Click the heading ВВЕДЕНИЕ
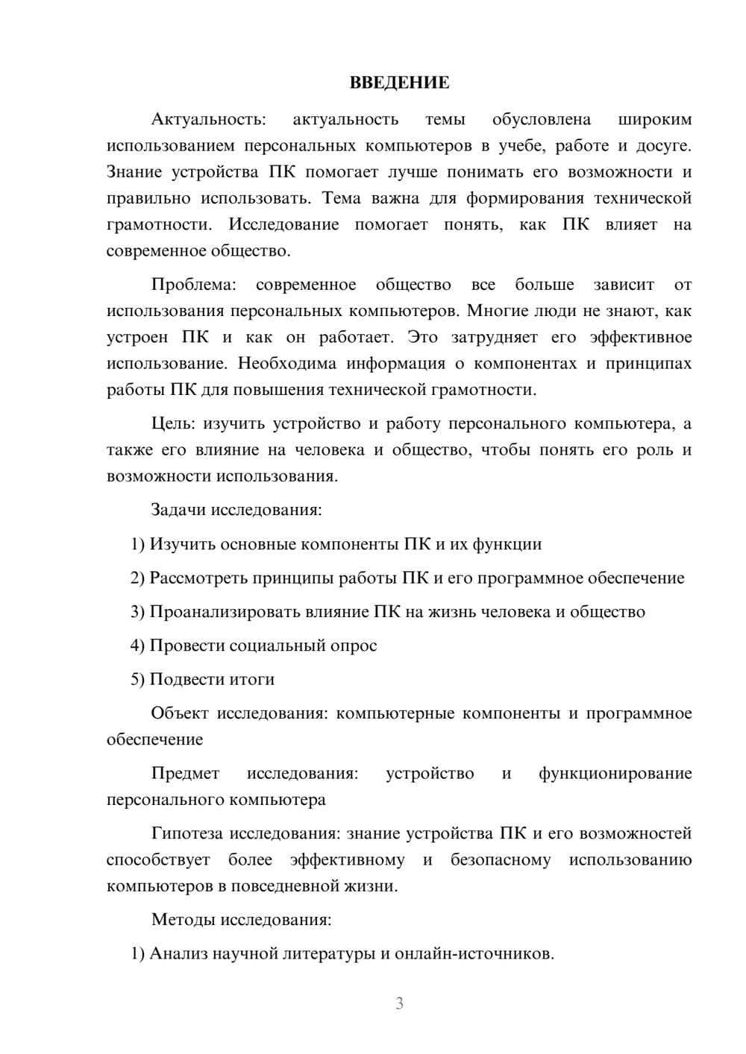click(399, 83)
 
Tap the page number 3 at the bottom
click(399, 1003)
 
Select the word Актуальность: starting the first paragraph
click(208, 119)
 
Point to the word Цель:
click(173, 424)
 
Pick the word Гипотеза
click(187, 833)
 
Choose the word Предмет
click(185, 773)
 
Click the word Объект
click(180, 713)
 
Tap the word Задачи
click(178, 511)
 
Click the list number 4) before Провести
click(137, 646)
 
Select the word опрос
click(353, 646)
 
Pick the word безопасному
click(501, 859)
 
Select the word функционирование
click(615, 773)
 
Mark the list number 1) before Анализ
click(137, 953)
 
